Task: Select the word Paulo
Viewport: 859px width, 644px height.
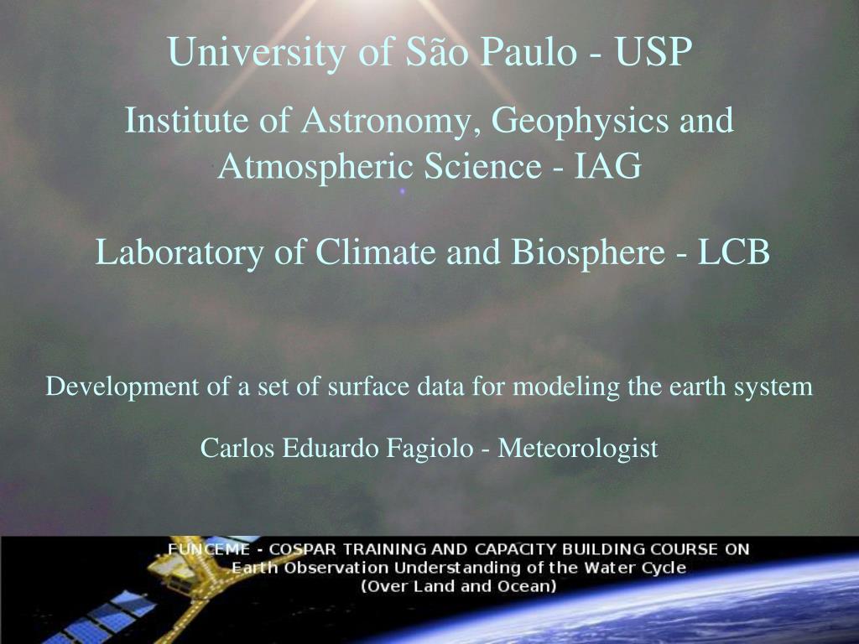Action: pos(528,51)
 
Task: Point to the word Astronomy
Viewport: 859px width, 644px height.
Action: pos(386,121)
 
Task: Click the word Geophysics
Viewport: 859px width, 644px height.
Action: pos(580,121)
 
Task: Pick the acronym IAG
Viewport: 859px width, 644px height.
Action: pos(607,166)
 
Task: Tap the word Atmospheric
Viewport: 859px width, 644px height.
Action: pos(315,167)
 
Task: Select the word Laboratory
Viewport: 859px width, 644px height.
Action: pos(180,252)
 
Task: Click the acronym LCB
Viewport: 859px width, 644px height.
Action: pos(733,252)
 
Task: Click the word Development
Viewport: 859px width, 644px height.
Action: pos(122,387)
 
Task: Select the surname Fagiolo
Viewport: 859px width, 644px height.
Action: pos(430,449)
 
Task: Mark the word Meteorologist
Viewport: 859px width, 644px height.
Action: pos(578,449)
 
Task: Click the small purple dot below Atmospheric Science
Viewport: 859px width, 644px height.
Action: pos(403,191)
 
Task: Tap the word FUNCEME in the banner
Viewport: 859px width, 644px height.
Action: pos(209,549)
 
